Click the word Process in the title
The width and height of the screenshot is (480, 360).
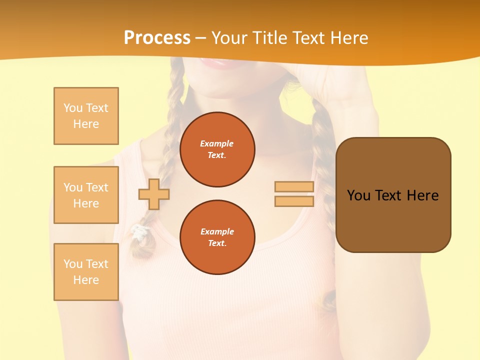157,37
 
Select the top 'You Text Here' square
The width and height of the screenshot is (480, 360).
86,116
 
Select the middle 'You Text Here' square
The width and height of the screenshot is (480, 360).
86,195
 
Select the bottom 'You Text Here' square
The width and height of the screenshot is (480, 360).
86,272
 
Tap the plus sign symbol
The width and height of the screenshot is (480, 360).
153,194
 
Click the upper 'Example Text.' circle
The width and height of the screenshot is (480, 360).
217,149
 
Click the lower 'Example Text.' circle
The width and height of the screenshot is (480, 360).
217,237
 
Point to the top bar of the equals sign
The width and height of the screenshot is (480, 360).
294,186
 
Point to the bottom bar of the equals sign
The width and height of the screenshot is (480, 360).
294,201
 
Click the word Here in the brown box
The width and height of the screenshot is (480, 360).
422,195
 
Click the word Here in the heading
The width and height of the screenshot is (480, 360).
348,37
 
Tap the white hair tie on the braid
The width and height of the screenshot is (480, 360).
140,230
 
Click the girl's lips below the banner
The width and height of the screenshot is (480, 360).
216,62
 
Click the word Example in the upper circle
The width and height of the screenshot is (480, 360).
217,143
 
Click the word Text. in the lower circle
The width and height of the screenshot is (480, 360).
217,243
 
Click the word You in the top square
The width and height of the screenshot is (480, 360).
72,108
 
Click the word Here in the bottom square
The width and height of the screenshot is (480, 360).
86,280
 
